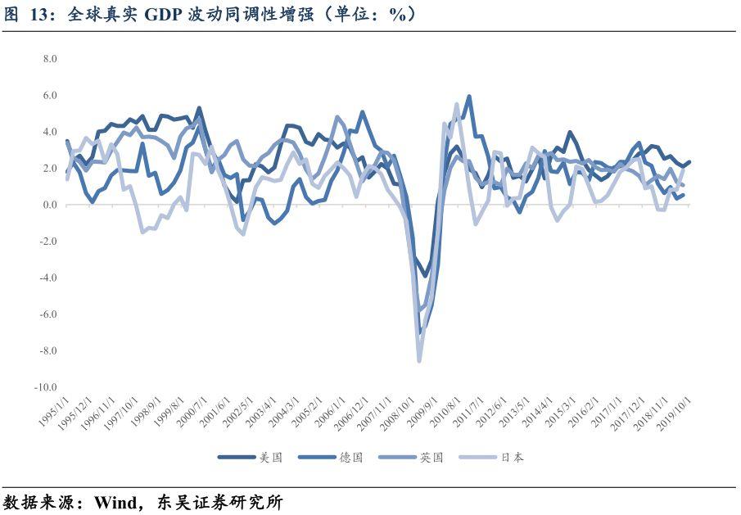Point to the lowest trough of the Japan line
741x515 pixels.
(x=419, y=360)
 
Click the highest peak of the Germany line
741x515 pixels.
(x=468, y=96)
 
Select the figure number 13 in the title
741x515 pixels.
(x=39, y=14)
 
